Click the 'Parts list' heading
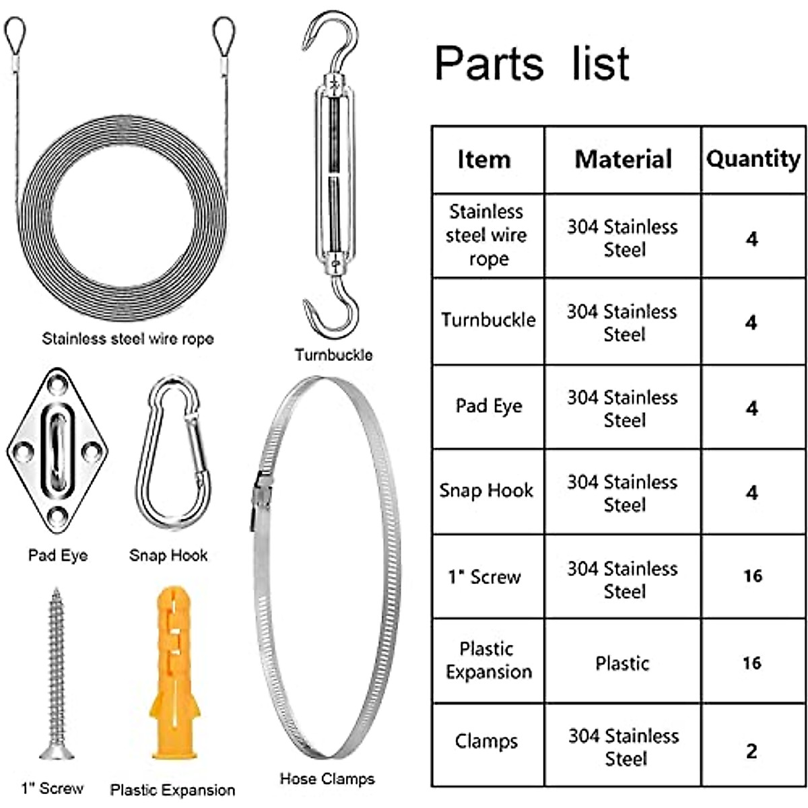coord(532,64)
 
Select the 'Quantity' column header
coord(753,159)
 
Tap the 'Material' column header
coord(623,159)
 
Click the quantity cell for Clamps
coord(752,750)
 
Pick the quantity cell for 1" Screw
coord(753,576)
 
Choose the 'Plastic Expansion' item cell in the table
coord(488,661)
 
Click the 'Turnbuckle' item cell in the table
coord(488,320)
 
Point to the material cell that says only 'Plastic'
coord(622,663)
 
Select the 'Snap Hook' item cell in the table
coord(486,491)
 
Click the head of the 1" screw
coord(57,750)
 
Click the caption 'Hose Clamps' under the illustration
coord(327,779)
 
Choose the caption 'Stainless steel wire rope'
coord(127,339)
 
